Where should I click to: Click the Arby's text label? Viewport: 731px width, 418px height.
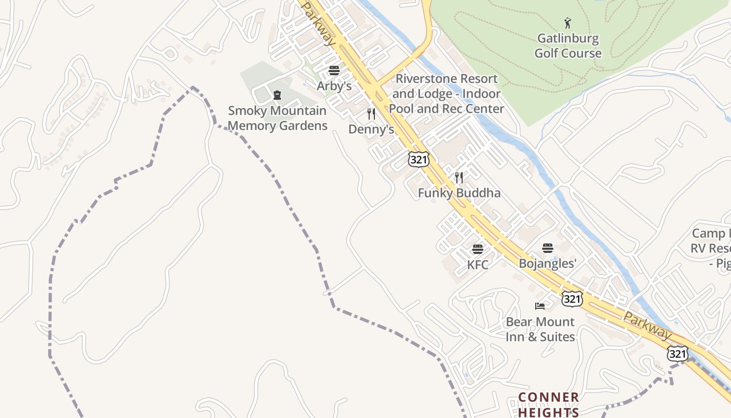point(334,86)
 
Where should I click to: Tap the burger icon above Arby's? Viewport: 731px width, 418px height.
point(334,71)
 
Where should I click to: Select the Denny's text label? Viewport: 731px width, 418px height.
point(371,129)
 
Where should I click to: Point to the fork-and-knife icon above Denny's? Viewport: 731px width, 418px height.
point(371,114)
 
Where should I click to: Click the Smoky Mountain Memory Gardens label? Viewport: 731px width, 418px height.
point(277,118)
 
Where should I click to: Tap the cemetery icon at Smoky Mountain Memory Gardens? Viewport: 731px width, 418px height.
point(277,95)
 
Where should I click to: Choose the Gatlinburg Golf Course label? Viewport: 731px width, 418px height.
point(568,46)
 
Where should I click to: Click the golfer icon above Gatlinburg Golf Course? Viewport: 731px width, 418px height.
point(568,23)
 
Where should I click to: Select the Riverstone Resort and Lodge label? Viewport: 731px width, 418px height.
point(446,94)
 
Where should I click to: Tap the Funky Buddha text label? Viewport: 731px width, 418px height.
point(459,193)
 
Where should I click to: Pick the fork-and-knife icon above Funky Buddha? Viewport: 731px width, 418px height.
point(459,178)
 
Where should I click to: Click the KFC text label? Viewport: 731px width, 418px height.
point(478,264)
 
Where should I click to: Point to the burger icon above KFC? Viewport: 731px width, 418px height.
point(478,249)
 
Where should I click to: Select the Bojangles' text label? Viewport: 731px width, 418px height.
point(548,263)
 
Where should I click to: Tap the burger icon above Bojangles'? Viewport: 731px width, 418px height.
point(548,248)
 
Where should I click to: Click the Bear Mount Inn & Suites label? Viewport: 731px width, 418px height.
point(540,329)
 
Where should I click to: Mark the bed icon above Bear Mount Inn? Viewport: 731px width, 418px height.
point(540,306)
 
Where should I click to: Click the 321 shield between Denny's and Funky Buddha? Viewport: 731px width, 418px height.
point(419,159)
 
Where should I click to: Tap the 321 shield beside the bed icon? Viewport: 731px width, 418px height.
point(572,298)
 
